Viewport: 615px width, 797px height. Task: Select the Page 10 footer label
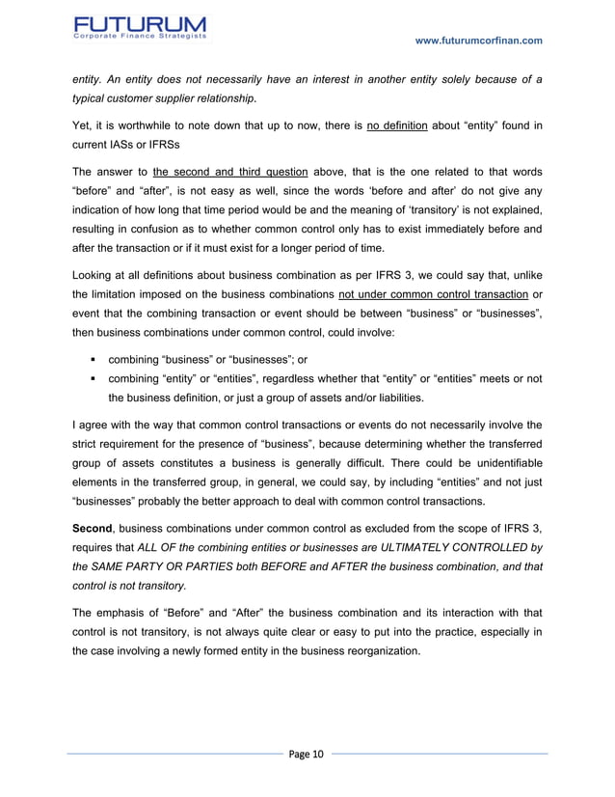click(x=307, y=753)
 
